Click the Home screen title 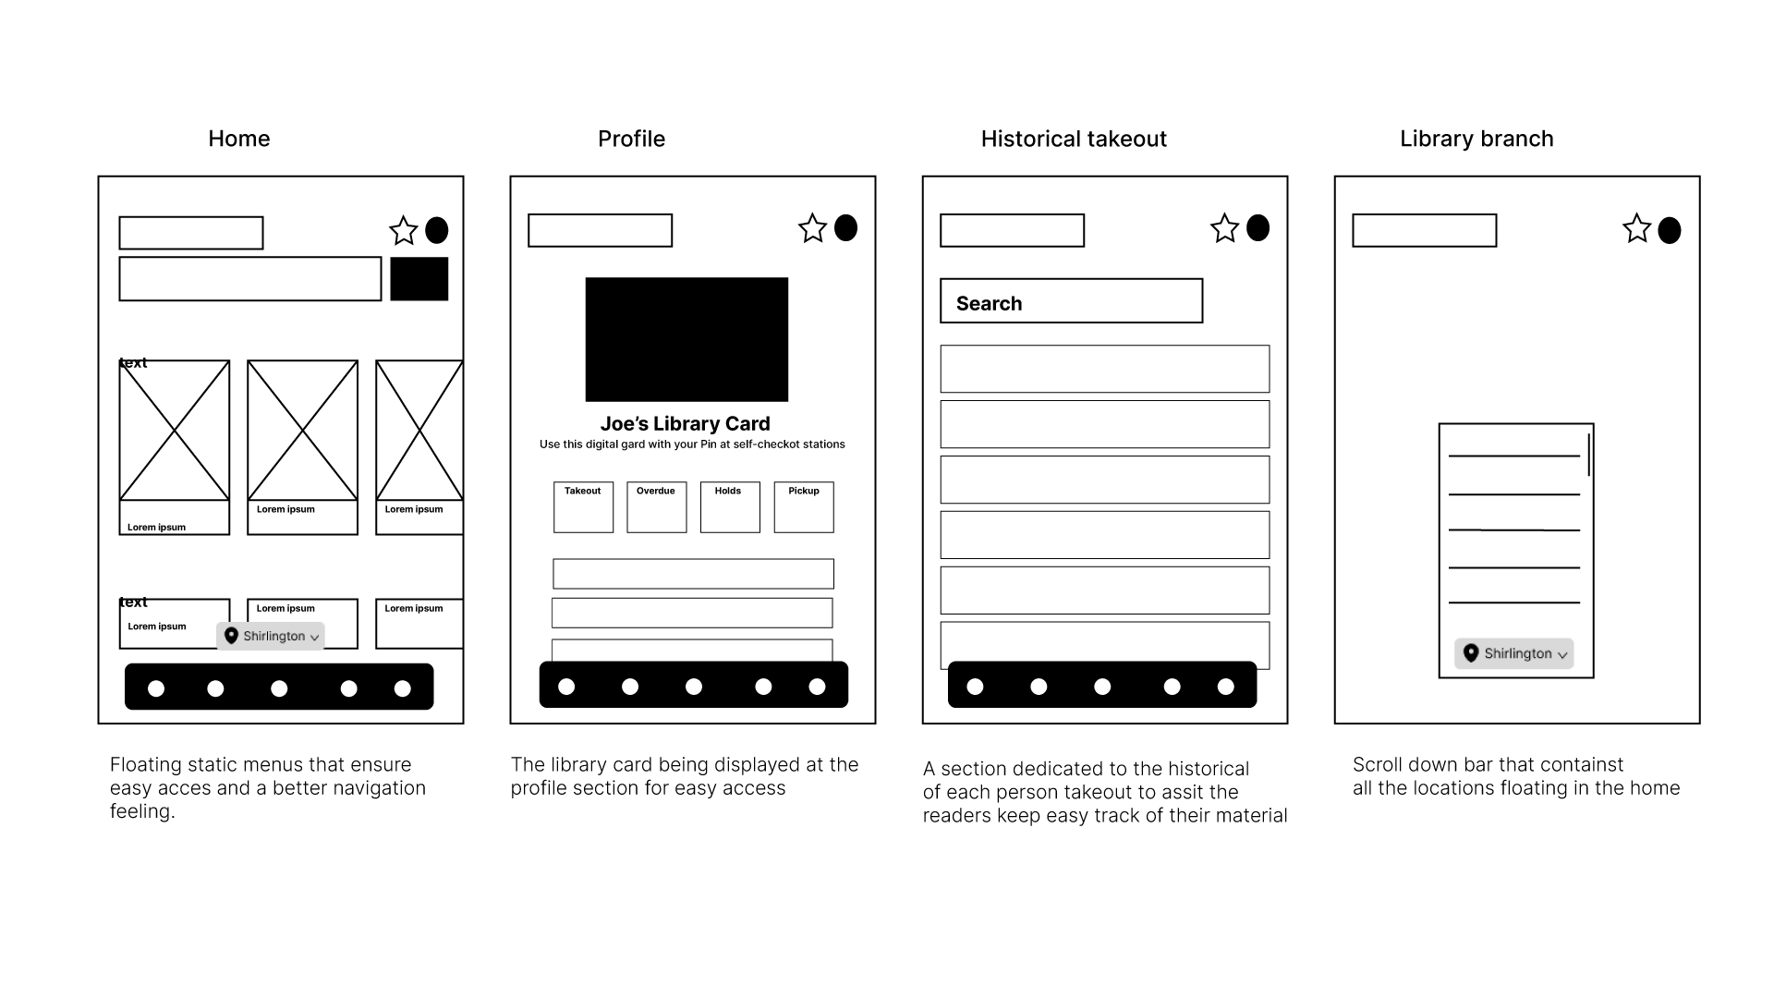pos(238,139)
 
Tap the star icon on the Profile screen pos(812,228)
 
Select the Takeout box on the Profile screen pos(583,506)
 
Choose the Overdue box pos(656,506)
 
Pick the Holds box pos(729,506)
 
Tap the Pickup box pos(803,506)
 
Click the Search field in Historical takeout pos(1071,301)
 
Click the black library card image pos(687,339)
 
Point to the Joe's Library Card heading pos(685,424)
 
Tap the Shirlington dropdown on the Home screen pos(271,636)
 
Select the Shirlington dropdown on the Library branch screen pos(1513,653)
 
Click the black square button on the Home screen pos(419,279)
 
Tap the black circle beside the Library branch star pos(1669,230)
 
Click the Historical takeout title pos(1074,139)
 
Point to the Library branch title pos(1476,139)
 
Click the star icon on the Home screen pos(403,231)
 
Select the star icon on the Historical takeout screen pos(1224,228)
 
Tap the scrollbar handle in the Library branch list pos(1588,455)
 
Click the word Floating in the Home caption pos(145,765)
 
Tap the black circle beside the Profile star pos(845,228)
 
